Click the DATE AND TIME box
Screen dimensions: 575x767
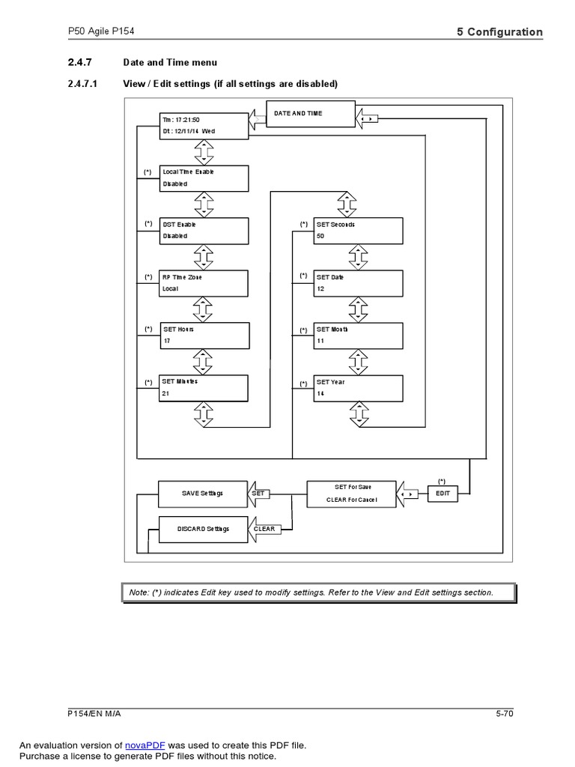click(x=311, y=114)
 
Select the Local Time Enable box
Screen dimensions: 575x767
click(x=204, y=178)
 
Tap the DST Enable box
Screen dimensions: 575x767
click(x=204, y=231)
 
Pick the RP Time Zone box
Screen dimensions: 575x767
click(x=204, y=283)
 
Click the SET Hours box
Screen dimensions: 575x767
click(x=204, y=336)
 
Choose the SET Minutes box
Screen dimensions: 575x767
click(x=204, y=389)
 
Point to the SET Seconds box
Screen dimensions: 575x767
click(x=359, y=231)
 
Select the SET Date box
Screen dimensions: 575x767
click(x=359, y=283)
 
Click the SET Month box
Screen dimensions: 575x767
click(x=359, y=336)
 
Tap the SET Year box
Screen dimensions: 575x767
click(x=359, y=389)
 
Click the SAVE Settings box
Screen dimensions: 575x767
click(x=203, y=494)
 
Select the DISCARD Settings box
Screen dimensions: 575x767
click(x=204, y=530)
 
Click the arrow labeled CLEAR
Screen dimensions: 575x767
click(x=264, y=530)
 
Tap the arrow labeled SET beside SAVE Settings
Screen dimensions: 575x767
click(x=258, y=494)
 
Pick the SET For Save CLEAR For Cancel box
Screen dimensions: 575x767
click(x=352, y=494)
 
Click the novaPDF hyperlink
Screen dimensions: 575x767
click(x=144, y=745)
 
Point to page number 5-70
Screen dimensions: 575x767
click(x=505, y=714)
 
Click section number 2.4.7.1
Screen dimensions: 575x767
click(x=82, y=84)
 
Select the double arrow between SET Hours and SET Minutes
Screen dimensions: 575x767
click(x=203, y=362)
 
